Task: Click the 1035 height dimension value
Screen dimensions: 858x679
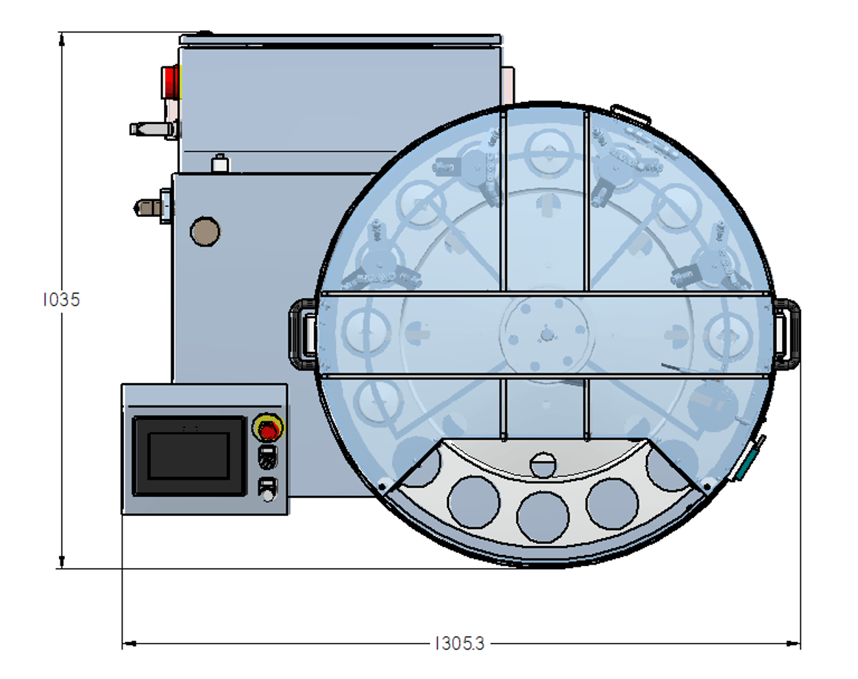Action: click(61, 300)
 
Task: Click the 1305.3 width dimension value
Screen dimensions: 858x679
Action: click(459, 644)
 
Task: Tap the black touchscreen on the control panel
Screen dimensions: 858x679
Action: click(189, 456)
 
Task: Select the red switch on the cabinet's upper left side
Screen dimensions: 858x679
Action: click(170, 82)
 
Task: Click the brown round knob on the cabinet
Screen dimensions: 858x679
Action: click(205, 232)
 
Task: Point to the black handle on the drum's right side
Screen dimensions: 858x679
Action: click(787, 334)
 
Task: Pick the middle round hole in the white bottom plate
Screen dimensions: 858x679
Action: click(543, 517)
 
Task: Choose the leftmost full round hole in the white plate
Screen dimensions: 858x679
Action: click(474, 503)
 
